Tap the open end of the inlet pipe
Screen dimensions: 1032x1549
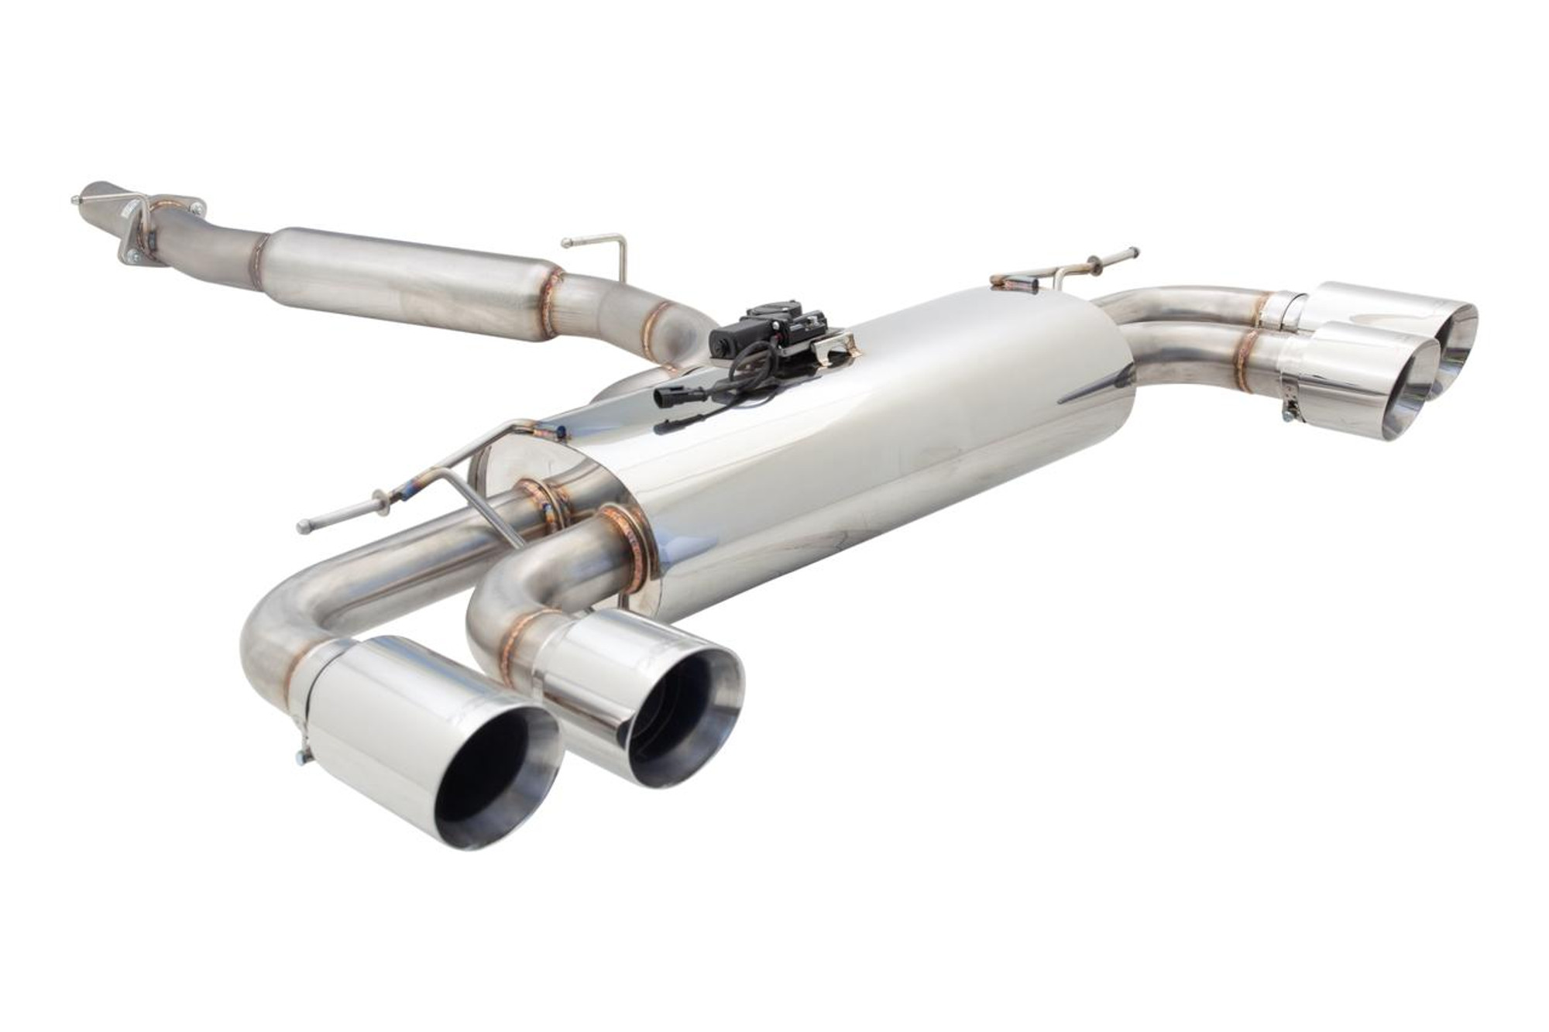87,194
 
